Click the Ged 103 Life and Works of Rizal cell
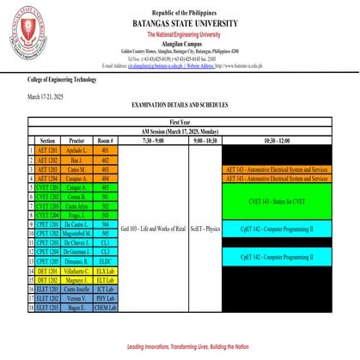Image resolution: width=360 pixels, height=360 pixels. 154,230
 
